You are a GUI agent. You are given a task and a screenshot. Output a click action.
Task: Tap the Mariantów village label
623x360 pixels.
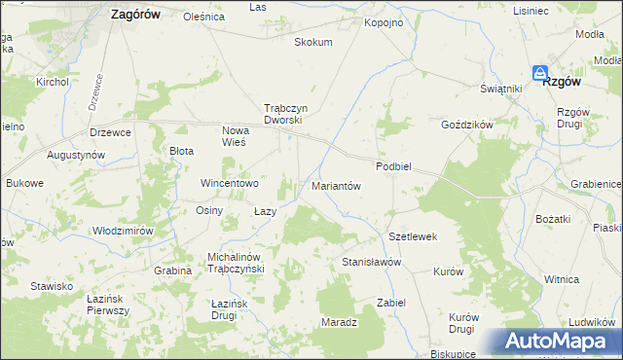pos(336,185)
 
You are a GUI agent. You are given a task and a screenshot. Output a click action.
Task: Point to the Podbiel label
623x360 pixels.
pos(394,166)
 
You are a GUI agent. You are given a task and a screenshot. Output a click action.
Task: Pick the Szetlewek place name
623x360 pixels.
pos(413,236)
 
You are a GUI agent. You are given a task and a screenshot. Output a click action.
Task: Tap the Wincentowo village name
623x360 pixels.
pos(229,183)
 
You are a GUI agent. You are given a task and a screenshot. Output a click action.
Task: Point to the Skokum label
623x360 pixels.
pos(313,43)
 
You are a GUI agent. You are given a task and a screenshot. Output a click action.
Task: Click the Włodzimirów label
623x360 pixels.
pos(123,231)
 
